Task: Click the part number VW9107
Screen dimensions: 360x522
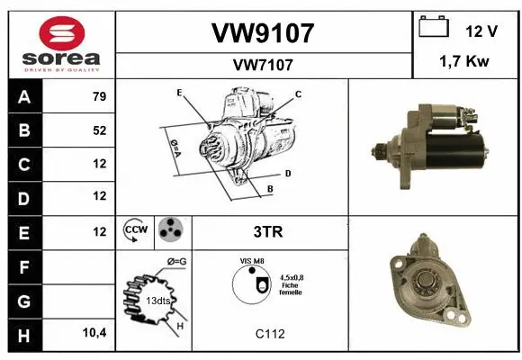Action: (262, 32)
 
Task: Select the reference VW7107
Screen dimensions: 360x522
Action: (262, 65)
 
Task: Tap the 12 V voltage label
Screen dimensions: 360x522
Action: (481, 31)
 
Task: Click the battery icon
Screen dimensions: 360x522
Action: (435, 29)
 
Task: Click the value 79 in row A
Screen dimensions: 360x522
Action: (99, 97)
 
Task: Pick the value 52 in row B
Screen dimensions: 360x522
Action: (99, 130)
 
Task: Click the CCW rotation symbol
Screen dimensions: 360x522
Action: (137, 231)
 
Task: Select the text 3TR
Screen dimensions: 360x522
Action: (269, 231)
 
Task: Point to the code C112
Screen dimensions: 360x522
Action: (269, 334)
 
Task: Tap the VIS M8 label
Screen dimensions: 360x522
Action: (253, 262)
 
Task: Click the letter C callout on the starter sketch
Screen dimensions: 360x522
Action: (298, 94)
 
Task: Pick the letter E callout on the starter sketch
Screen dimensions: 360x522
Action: (179, 93)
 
